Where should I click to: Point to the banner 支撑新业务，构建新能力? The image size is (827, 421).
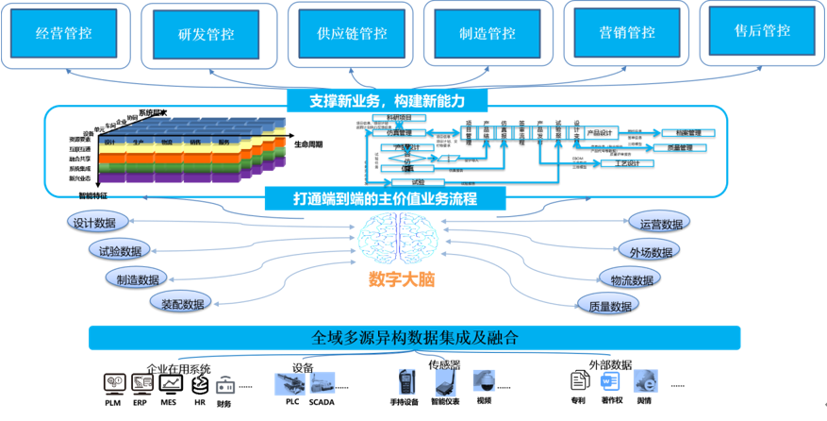[387, 99]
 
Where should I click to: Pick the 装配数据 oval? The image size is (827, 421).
[180, 303]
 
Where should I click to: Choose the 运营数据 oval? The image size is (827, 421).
[661, 225]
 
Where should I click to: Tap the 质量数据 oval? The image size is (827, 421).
[608, 306]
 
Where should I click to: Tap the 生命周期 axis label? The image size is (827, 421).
[307, 144]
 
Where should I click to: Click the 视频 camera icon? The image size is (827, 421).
[484, 381]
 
